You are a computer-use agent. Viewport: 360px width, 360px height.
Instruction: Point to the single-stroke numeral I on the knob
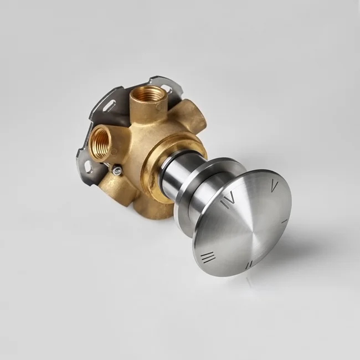pyautogui.click(x=284, y=222)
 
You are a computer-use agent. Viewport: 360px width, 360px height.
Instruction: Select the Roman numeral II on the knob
pyautogui.click(x=249, y=265)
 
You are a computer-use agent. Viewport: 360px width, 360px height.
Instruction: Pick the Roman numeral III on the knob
pyautogui.click(x=208, y=258)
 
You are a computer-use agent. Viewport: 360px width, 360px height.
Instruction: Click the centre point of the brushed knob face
pyautogui.click(x=243, y=230)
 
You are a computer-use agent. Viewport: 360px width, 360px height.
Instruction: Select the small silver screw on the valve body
pyautogui.click(x=117, y=170)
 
